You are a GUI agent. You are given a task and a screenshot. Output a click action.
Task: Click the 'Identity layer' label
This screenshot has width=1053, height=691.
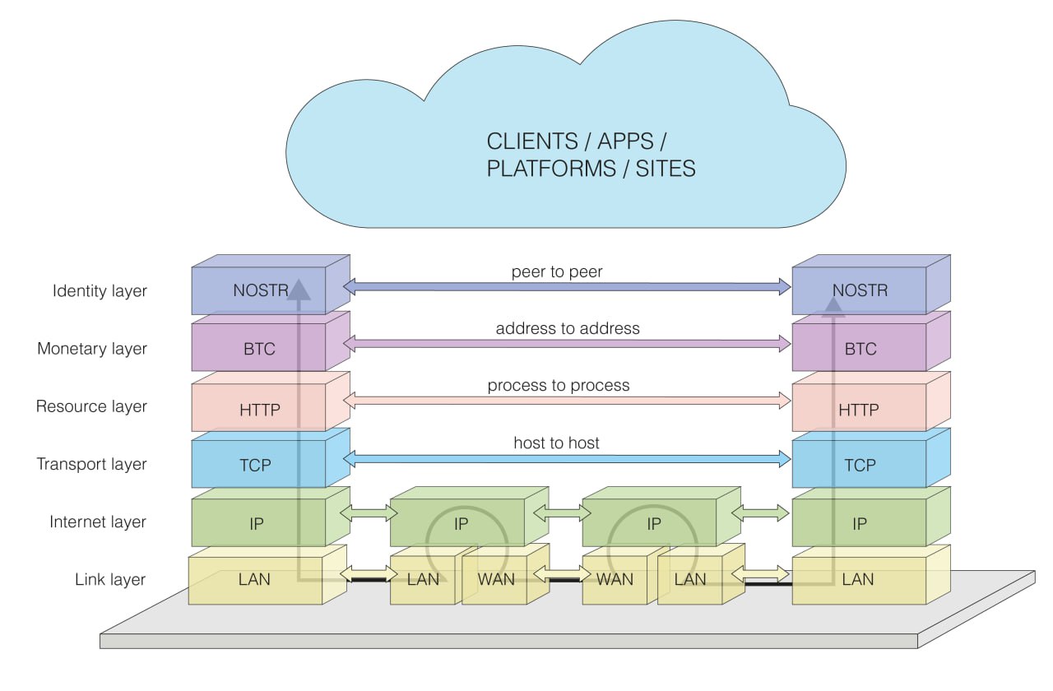100,291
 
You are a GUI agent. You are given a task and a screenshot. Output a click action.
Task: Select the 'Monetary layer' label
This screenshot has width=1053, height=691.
92,349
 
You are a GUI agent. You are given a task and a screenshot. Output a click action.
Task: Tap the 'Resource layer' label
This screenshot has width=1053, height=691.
91,406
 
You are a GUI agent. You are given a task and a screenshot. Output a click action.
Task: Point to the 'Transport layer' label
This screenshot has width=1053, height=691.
91,465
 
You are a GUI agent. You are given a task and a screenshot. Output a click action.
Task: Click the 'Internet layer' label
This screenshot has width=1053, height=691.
98,522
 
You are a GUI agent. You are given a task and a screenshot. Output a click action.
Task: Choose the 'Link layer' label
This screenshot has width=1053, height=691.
110,580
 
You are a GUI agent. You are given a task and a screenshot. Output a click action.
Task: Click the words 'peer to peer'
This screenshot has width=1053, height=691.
557,271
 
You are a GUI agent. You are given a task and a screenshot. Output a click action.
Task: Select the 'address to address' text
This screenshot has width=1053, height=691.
568,328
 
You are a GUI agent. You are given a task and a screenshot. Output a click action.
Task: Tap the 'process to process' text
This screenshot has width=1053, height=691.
559,386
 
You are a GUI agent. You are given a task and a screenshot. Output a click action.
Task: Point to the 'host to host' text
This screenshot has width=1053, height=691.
557,443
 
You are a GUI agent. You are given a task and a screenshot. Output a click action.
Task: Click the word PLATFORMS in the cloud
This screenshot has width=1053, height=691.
551,169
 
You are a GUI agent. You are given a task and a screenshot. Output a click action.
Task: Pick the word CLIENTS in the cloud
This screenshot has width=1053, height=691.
532,141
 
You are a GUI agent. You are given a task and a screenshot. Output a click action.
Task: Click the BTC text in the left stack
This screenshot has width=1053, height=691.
259,349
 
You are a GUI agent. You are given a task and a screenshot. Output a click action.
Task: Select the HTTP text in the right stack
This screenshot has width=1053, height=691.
859,410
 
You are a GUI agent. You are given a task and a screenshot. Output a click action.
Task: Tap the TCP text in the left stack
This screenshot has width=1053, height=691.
256,466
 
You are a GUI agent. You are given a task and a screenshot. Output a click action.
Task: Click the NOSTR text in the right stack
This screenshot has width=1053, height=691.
860,290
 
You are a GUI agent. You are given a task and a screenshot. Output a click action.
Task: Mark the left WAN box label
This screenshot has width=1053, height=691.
496,580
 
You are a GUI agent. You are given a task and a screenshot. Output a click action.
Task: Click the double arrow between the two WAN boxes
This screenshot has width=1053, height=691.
562,573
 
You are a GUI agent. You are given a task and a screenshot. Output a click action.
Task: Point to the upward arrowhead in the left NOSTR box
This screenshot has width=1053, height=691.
299,289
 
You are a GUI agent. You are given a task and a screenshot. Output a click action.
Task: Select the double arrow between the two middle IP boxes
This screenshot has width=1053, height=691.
562,512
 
